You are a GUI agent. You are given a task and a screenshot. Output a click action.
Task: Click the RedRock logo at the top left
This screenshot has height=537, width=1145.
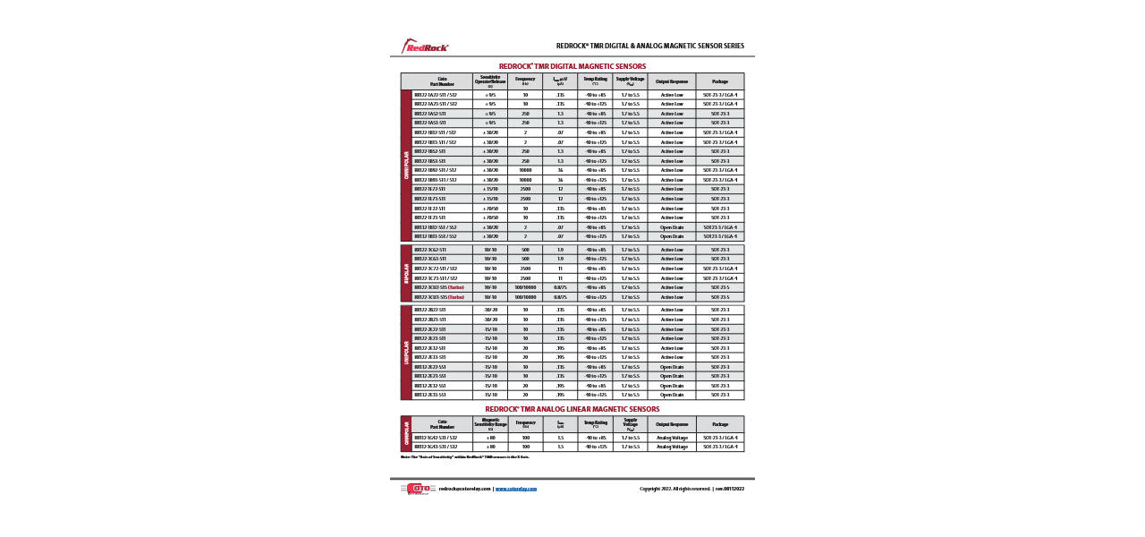[x=425, y=46]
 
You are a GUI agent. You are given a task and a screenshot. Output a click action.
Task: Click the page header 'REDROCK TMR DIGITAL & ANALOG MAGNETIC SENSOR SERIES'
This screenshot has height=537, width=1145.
[x=649, y=46]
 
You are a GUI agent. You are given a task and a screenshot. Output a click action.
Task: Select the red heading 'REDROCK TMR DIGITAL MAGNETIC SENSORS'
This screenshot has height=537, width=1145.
[x=572, y=66]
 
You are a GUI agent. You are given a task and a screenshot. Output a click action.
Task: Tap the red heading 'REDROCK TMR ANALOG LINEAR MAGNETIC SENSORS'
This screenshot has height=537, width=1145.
[x=572, y=409]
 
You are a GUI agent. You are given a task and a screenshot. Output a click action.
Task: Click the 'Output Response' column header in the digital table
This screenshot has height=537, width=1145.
[x=672, y=81]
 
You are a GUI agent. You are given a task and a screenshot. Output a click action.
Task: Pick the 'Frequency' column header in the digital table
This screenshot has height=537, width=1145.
[x=525, y=81]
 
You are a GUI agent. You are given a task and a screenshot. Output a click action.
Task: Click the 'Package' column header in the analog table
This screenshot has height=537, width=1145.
[x=719, y=424]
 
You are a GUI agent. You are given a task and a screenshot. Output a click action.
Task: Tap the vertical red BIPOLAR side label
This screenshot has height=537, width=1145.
[x=406, y=273]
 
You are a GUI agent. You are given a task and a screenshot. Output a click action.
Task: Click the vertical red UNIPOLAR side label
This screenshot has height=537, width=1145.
[x=406, y=353]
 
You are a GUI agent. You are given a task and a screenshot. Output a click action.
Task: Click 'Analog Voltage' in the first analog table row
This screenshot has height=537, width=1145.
[x=672, y=438]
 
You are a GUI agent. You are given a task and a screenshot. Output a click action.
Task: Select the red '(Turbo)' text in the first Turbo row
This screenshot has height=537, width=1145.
[x=456, y=287]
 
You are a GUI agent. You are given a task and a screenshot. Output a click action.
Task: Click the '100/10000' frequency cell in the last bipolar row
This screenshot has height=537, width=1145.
[x=525, y=297]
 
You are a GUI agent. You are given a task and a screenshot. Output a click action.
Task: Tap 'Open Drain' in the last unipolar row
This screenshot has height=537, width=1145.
[x=672, y=395]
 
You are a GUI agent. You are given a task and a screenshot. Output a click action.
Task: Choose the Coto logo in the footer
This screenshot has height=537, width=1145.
[x=417, y=489]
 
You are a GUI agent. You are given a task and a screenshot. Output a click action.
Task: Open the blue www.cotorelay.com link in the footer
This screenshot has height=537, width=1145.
[x=516, y=489]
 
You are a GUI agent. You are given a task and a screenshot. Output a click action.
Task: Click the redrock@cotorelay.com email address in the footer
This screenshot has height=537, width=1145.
[x=464, y=489]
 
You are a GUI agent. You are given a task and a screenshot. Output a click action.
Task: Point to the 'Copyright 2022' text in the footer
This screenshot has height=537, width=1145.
[x=658, y=489]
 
